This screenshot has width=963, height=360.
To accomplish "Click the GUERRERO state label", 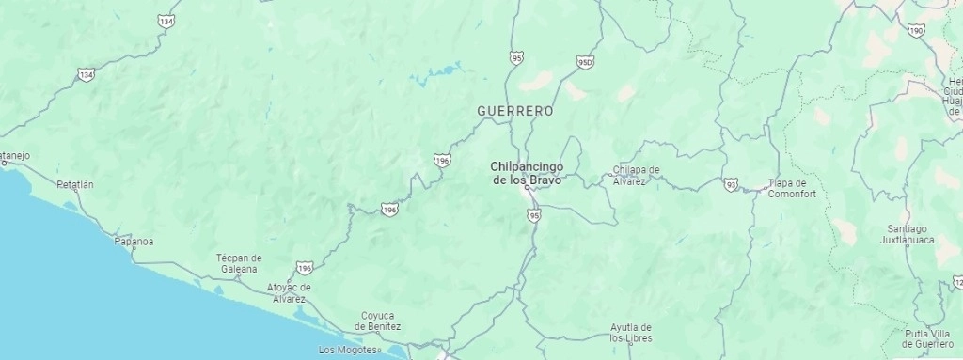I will [514, 111].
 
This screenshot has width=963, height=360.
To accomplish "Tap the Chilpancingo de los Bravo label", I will [527, 172].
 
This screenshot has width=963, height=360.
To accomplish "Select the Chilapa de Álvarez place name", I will [636, 175].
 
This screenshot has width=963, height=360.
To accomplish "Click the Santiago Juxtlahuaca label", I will [907, 234].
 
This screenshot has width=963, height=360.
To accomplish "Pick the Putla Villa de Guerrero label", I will [927, 338].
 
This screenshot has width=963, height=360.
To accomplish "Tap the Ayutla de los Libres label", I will [630, 333].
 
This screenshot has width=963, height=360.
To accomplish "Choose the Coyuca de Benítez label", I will [377, 321].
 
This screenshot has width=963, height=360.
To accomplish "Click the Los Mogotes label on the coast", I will [347, 350].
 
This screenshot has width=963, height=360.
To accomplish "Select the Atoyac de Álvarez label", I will [288, 292].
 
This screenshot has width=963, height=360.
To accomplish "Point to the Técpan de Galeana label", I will [239, 262].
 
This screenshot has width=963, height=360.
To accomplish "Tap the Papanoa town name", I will [134, 242].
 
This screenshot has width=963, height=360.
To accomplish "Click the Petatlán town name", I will [75, 185].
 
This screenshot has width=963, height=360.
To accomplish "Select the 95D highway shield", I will [585, 62].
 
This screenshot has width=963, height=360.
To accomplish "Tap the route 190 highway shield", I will [917, 30].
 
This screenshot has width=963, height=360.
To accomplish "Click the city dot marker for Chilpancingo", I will [528, 188].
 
